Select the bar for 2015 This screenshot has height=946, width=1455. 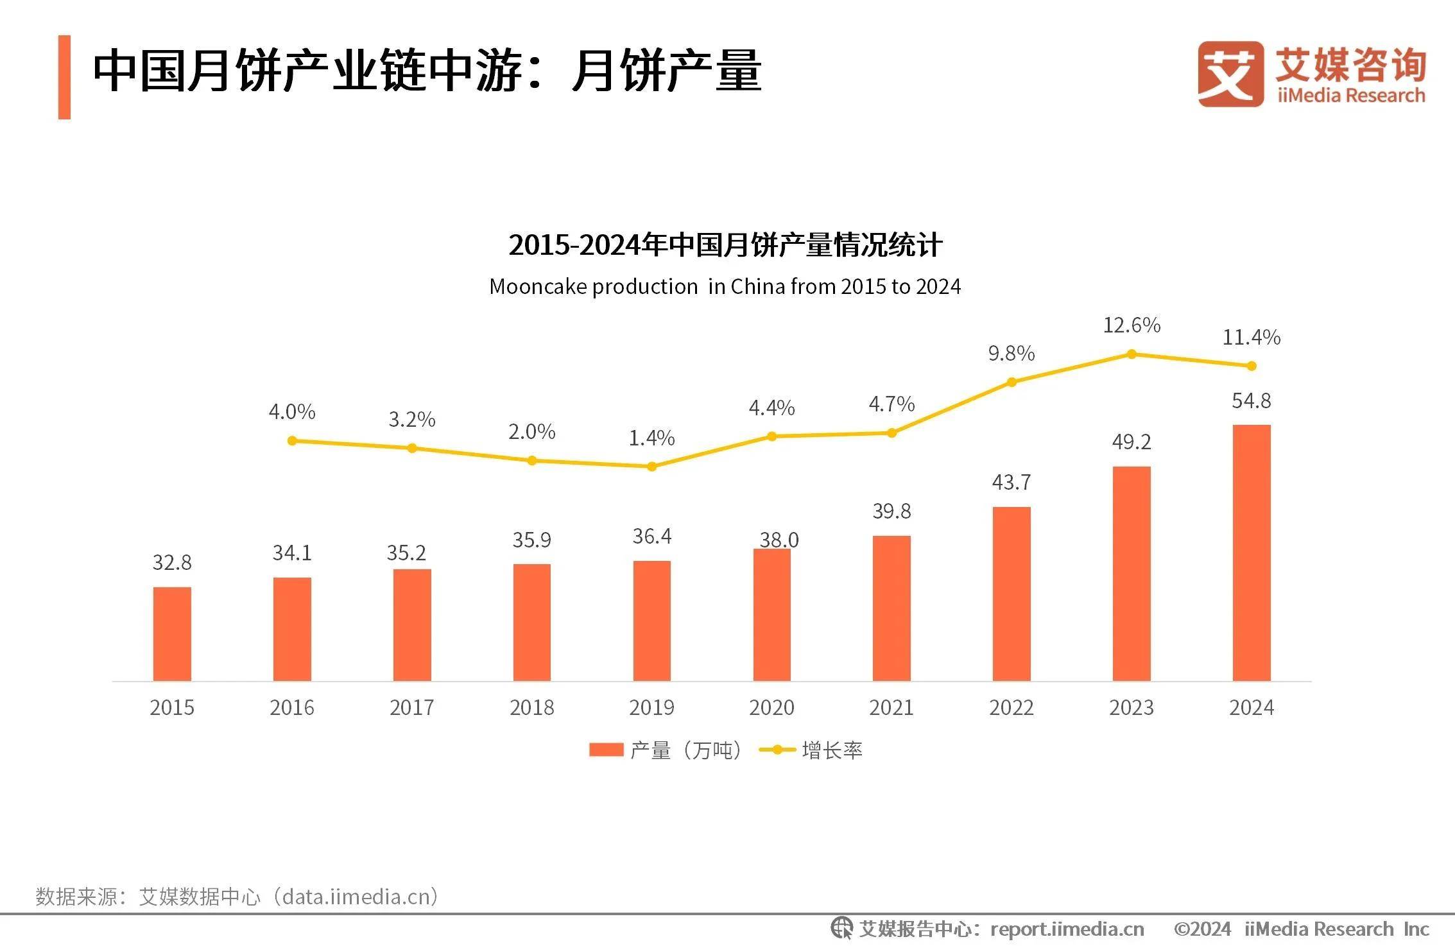(x=172, y=633)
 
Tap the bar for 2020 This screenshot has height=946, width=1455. (x=771, y=614)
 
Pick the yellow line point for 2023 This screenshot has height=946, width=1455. (x=1132, y=354)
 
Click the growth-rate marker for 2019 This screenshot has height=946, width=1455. (x=651, y=467)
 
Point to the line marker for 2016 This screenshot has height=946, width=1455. (x=292, y=441)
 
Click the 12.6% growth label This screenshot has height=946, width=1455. (x=1132, y=325)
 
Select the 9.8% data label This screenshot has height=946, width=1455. (x=1011, y=354)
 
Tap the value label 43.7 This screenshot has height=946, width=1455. (x=1011, y=482)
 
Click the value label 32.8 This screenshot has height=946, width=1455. (x=172, y=563)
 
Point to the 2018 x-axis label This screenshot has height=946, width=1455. (x=531, y=707)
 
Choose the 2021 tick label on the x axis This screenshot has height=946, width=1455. (x=891, y=707)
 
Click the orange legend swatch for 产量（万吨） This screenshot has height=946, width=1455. (x=606, y=750)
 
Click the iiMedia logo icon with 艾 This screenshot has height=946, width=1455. (x=1230, y=74)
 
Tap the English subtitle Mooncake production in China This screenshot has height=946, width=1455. (x=725, y=286)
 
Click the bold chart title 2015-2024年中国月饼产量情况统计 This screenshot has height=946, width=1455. (x=725, y=245)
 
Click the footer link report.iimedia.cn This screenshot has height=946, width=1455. (x=1067, y=929)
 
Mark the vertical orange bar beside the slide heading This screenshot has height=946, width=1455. (x=64, y=77)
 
